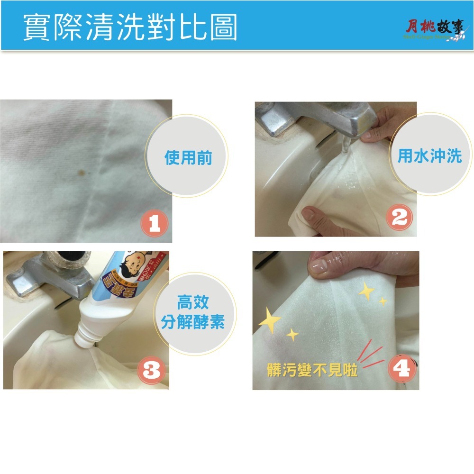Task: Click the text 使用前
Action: coord(188,158)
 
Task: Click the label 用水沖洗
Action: coord(429,156)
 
